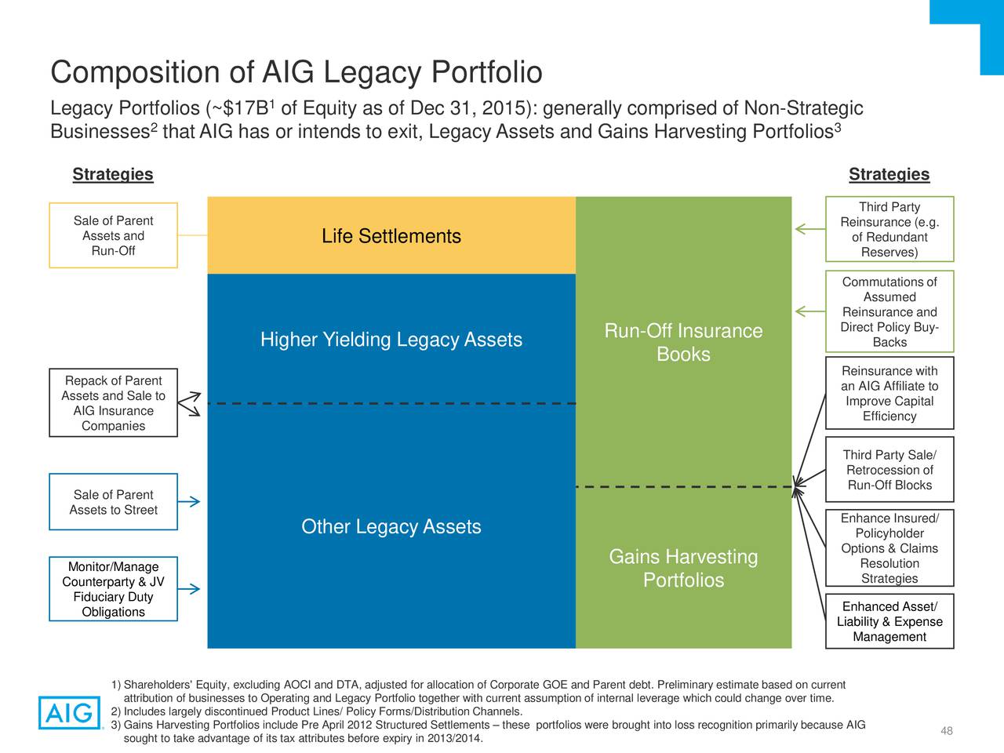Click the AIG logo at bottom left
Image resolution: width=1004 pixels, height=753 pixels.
[70, 712]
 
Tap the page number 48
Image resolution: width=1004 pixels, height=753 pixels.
[947, 730]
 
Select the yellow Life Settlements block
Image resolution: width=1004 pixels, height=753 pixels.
[391, 235]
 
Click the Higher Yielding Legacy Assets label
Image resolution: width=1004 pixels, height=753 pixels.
[391, 339]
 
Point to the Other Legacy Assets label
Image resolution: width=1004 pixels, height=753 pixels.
[391, 526]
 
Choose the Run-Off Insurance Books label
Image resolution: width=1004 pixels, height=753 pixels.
[683, 342]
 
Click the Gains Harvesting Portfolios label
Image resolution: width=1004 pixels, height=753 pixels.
[683, 568]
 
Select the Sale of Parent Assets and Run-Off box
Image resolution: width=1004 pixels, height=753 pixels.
[114, 235]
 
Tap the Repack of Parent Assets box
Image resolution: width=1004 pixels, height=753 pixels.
[114, 403]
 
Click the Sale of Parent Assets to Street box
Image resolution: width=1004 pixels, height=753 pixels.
[114, 501]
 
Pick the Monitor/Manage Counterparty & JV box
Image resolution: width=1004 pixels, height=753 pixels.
[114, 589]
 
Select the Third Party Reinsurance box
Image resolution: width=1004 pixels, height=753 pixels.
[889, 229]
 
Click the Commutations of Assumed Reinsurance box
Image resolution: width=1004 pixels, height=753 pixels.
[889, 311]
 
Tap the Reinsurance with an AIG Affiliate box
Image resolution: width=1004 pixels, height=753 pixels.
[889, 393]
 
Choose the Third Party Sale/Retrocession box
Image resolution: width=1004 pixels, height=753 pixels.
[889, 470]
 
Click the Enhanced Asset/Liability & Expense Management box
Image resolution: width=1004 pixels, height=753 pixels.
[889, 621]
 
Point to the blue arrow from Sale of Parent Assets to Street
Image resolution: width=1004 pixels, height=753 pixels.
[189, 501]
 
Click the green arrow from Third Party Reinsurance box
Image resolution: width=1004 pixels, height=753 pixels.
[810, 228]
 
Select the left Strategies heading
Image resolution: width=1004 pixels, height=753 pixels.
[113, 174]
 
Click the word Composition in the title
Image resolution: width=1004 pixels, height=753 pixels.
[152, 73]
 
